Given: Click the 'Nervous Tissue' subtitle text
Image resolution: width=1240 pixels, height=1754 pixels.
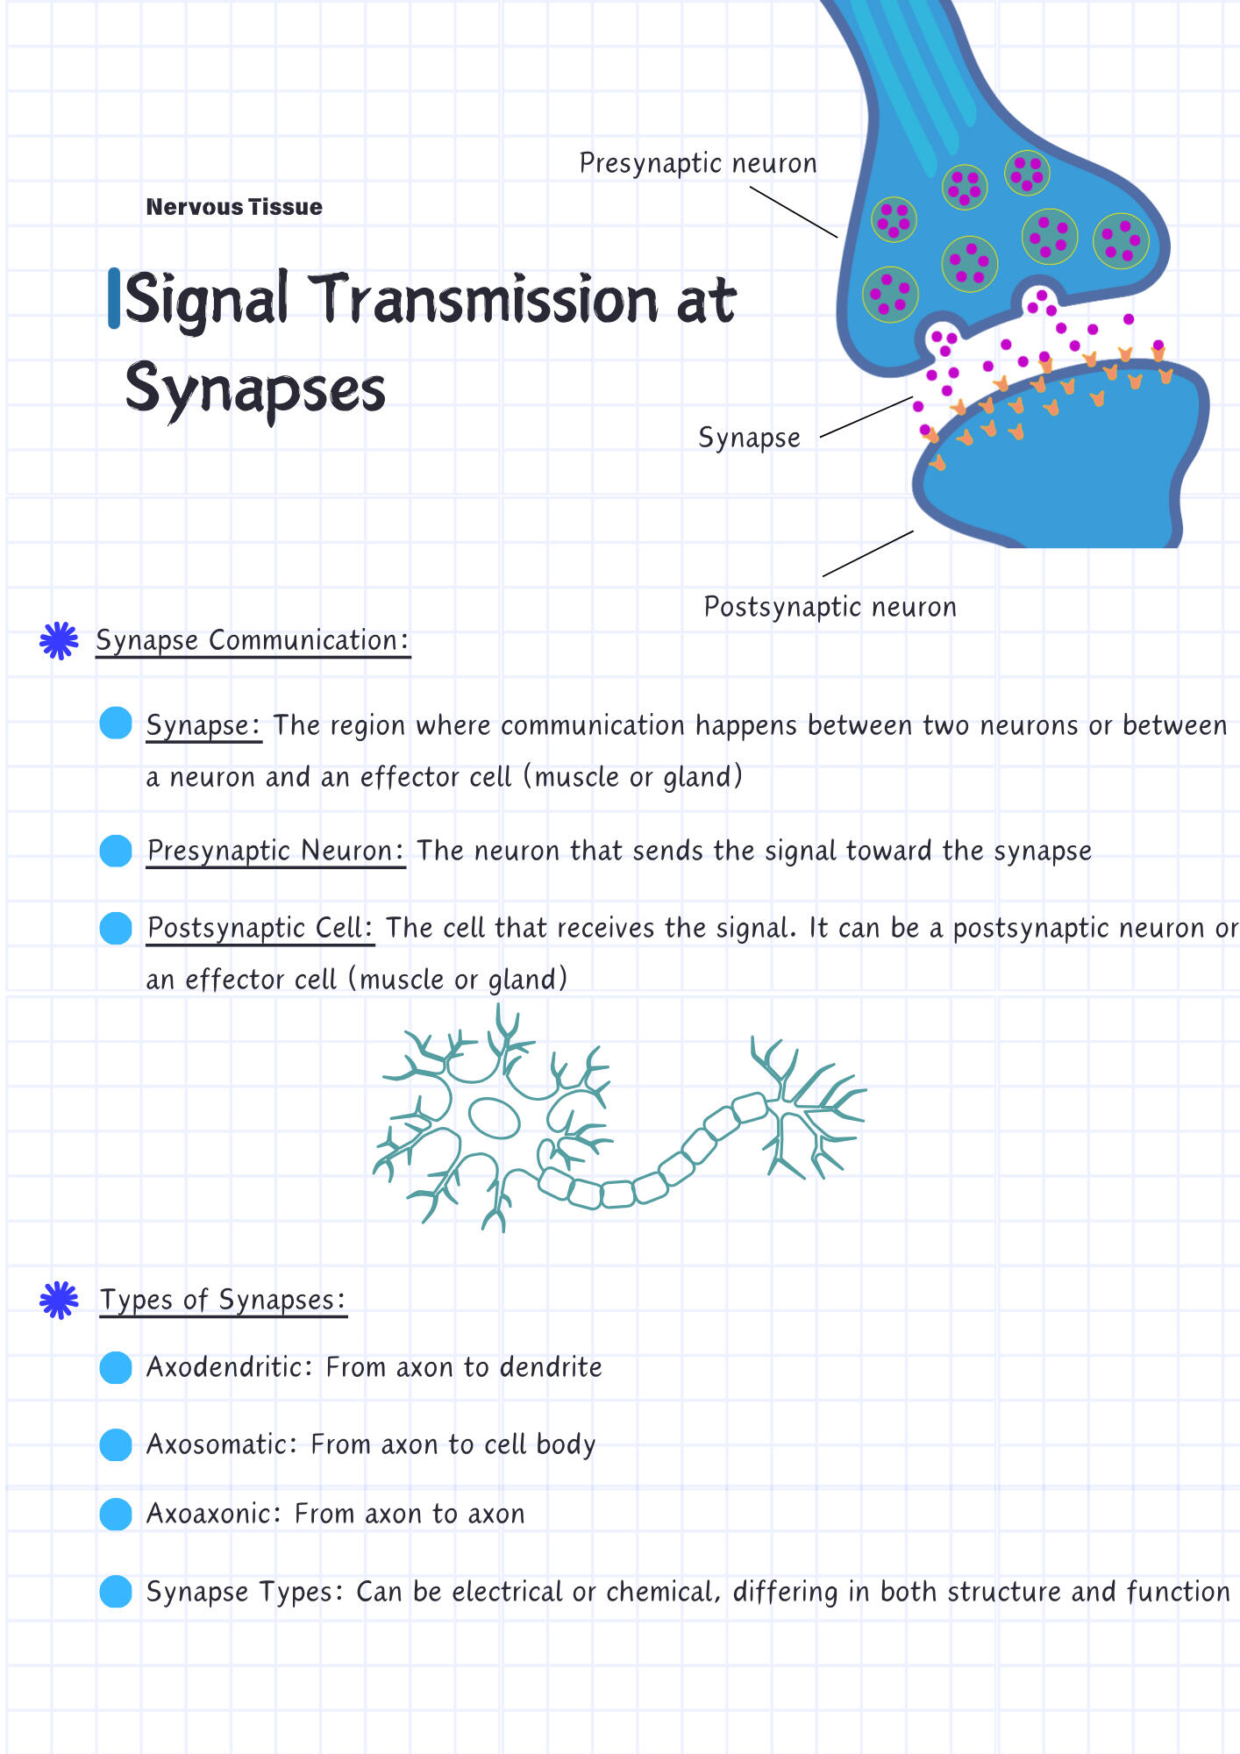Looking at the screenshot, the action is [234, 207].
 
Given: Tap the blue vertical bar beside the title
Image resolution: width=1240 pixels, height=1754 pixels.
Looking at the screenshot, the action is [114, 299].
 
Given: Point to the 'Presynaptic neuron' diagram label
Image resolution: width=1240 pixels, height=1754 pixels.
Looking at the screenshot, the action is [698, 164].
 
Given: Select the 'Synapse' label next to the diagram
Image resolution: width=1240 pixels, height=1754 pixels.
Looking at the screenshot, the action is [749, 438].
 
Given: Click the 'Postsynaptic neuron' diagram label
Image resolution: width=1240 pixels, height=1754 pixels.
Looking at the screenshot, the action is [830, 607].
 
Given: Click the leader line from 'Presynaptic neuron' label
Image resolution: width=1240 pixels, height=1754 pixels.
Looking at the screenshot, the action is [794, 211].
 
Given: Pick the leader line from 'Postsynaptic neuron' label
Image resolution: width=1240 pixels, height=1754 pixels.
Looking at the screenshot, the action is [868, 553].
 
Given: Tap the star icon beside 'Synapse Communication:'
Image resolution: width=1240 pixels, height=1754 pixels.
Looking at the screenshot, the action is [59, 641].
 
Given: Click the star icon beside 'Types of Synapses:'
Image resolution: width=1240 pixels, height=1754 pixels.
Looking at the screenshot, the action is [59, 1301].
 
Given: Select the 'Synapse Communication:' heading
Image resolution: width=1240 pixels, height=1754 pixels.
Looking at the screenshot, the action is [253, 640].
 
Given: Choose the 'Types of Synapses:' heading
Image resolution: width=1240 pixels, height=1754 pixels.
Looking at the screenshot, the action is [223, 1300].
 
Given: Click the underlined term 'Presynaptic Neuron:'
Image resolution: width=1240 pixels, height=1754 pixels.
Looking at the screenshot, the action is [275, 851].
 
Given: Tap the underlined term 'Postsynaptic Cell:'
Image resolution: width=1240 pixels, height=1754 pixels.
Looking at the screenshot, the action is [260, 928].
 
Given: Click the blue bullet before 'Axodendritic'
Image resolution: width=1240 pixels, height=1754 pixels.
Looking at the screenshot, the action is [116, 1367].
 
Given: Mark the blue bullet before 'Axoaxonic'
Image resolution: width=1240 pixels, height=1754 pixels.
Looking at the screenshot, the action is [116, 1514].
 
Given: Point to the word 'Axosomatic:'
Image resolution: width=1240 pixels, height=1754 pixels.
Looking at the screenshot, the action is [223, 1444].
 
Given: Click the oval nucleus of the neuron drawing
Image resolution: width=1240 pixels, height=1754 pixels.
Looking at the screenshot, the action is [495, 1118].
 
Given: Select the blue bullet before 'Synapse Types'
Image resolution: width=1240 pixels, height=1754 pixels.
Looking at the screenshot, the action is [116, 1592].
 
